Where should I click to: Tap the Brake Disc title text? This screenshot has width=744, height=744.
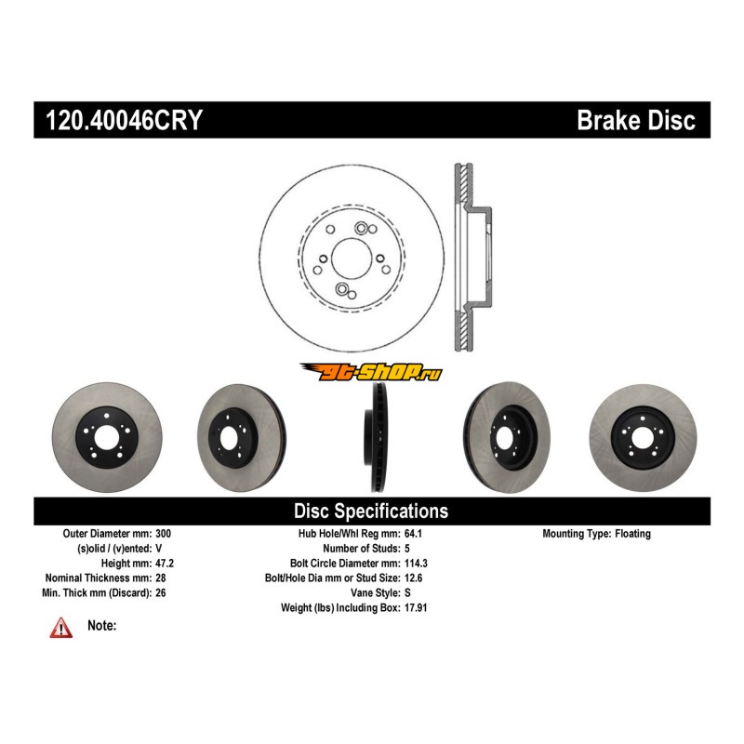pos(635,121)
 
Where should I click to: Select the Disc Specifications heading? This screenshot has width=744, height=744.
pos(371,511)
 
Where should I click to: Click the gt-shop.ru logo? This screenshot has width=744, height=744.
pos(371,372)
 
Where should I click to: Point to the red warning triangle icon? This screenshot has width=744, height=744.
pos(61,628)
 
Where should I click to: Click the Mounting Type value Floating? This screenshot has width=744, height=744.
pos(631,534)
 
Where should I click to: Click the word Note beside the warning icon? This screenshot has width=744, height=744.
pos(101,626)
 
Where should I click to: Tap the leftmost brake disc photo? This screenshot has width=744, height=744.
pos(109,436)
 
